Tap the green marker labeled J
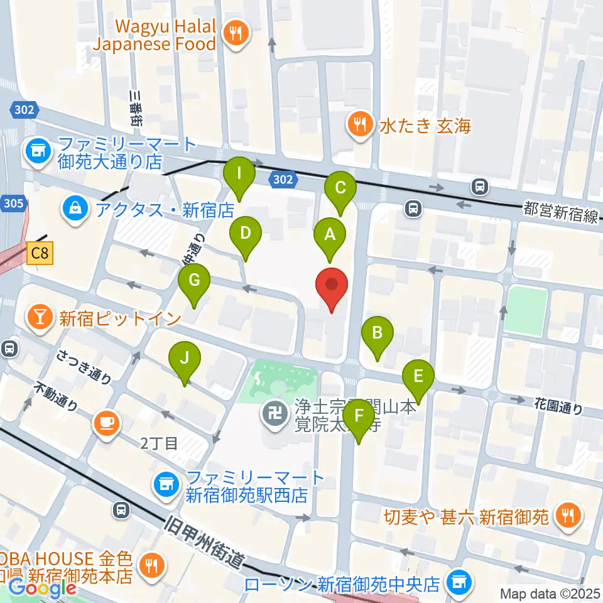(x=184, y=359)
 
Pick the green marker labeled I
(x=239, y=171)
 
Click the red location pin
(x=331, y=286)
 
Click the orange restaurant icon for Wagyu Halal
(x=237, y=33)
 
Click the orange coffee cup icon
(x=106, y=423)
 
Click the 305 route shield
(x=13, y=204)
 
